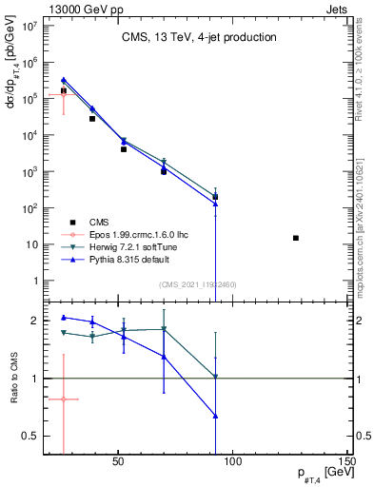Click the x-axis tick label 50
click(x=118, y=464)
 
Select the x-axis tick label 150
click(x=348, y=464)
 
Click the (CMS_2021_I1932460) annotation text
click(x=198, y=283)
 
